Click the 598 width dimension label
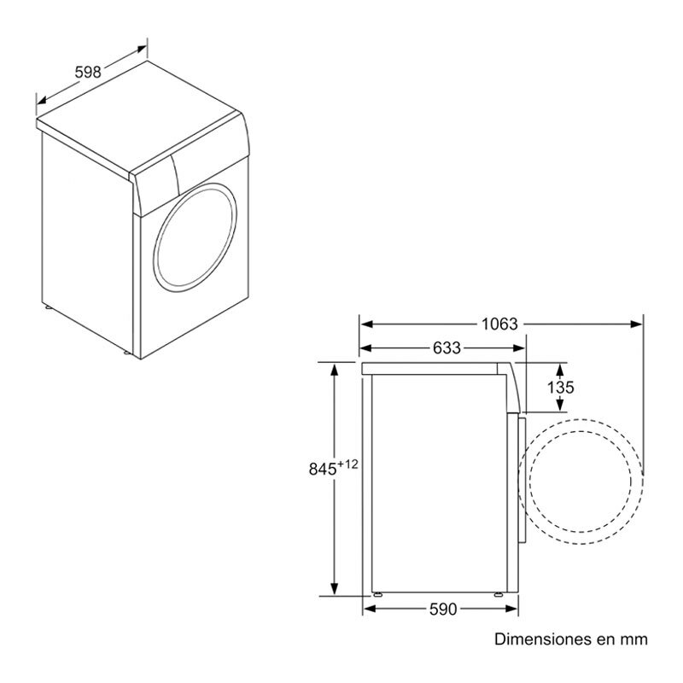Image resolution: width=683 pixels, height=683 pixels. pos(88,72)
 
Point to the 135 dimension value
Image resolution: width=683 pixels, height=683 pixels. pos(560,387)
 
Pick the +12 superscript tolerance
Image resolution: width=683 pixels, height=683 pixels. pos(347,464)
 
